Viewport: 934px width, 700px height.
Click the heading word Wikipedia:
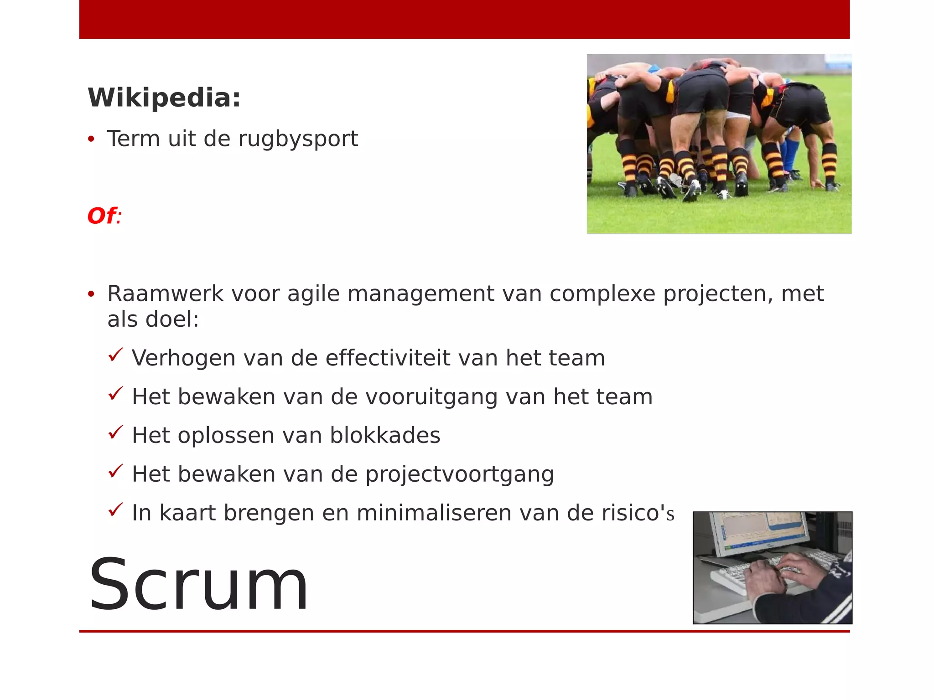(164, 98)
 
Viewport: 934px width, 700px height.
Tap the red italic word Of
(102, 216)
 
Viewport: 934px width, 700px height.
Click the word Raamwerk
(165, 293)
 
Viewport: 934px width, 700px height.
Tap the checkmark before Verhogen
(116, 355)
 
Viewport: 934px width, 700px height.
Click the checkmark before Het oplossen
(116, 432)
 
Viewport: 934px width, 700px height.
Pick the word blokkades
(385, 435)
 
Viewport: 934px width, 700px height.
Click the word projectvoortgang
(460, 474)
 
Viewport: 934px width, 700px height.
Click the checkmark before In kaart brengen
(116, 510)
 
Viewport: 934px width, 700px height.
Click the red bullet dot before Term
(91, 139)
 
